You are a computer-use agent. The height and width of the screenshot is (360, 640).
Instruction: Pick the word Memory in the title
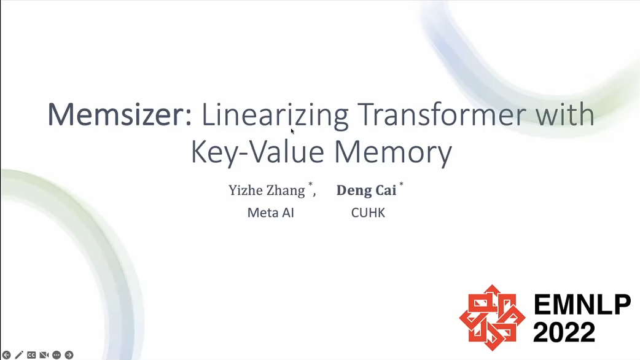(393, 153)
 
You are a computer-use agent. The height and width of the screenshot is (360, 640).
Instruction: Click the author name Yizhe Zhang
(267, 190)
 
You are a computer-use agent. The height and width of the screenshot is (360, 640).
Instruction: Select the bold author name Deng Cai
(366, 190)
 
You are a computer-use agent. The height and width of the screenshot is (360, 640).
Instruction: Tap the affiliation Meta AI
(271, 213)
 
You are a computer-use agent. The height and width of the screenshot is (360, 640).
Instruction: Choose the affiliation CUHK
(368, 213)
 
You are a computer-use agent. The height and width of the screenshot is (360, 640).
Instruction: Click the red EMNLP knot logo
(492, 318)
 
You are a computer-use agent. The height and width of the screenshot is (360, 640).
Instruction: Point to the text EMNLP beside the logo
(582, 305)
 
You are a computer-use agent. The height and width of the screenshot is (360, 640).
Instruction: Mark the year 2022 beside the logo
(564, 332)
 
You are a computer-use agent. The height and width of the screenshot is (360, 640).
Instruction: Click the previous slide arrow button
(7, 355)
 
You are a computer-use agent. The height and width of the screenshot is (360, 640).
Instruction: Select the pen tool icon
(19, 355)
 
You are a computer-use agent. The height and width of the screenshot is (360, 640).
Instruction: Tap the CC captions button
(31, 355)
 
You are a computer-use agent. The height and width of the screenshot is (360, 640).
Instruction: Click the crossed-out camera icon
(44, 355)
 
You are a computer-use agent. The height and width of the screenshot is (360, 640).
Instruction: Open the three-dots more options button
(57, 355)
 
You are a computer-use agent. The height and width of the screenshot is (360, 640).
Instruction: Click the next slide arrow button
(69, 355)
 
